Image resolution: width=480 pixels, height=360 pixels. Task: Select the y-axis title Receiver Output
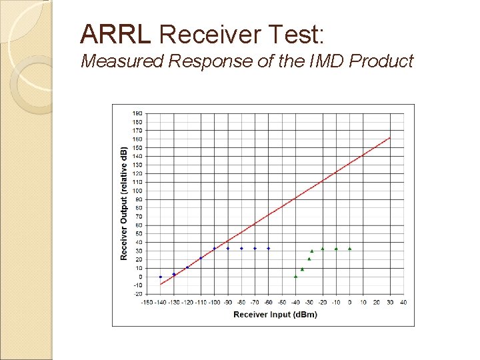coord(124,203)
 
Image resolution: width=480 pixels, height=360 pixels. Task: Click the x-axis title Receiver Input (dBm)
coord(275,315)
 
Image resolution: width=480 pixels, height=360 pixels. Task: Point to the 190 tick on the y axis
coord(137,113)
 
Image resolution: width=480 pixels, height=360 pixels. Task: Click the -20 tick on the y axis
coord(137,293)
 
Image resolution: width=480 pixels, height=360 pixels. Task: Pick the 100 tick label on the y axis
coord(137,191)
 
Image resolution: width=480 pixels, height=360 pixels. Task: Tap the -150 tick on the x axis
coord(146,302)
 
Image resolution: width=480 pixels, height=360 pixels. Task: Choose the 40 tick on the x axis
coord(403,302)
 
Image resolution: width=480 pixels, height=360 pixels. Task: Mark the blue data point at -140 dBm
coord(160,277)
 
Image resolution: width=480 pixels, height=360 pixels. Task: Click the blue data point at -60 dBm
coord(268,248)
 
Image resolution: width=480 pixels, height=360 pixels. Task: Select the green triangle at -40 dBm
coord(295,276)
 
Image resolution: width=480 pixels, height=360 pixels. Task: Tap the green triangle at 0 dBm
coord(349,248)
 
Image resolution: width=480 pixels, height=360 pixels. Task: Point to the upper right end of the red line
coord(389,138)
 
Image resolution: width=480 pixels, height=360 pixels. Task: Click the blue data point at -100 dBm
coord(214,249)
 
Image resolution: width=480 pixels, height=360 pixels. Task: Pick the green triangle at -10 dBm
coord(336,248)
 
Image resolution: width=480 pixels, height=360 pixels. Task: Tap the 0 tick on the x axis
coord(349,302)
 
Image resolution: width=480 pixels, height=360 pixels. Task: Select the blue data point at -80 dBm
coord(241,248)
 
